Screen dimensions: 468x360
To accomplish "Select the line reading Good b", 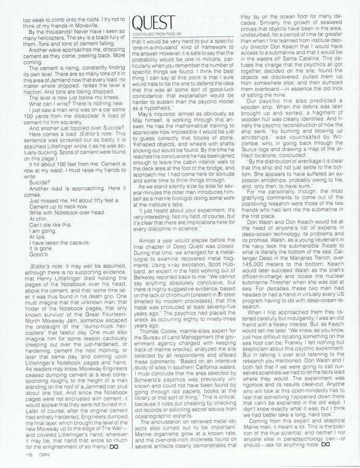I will pos(37,254).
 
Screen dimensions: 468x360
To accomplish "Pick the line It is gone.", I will pos(41,249).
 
